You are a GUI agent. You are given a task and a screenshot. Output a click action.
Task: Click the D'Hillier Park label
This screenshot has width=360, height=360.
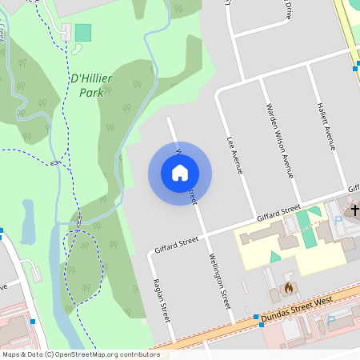tap(91, 85)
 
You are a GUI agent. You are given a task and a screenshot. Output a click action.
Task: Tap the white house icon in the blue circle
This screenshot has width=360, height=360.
tap(180, 172)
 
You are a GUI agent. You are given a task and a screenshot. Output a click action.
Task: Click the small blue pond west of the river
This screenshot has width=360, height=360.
tap(28, 222)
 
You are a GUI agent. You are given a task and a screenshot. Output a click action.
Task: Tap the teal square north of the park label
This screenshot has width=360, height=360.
tap(83, 33)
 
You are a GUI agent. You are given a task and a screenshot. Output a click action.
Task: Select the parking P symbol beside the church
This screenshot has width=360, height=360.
tap(338, 218)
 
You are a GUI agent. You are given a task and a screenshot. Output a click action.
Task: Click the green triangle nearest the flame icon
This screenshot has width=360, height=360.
tap(276, 257)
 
